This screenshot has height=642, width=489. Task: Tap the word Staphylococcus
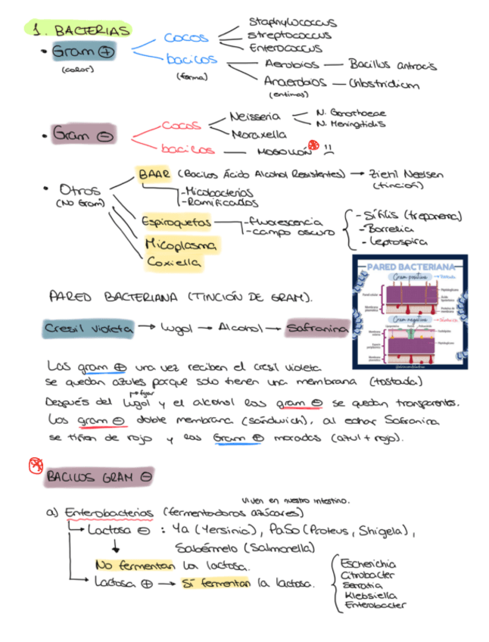pyautogui.click(x=292, y=23)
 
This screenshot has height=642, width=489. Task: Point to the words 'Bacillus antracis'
pyautogui.click(x=392, y=66)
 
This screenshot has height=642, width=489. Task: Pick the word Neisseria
pyautogui.click(x=255, y=117)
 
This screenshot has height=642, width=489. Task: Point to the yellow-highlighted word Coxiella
pyautogui.click(x=174, y=262)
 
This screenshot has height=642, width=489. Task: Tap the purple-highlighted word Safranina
pyautogui.click(x=317, y=329)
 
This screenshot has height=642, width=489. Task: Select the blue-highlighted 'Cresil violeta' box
pyautogui.click(x=89, y=329)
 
